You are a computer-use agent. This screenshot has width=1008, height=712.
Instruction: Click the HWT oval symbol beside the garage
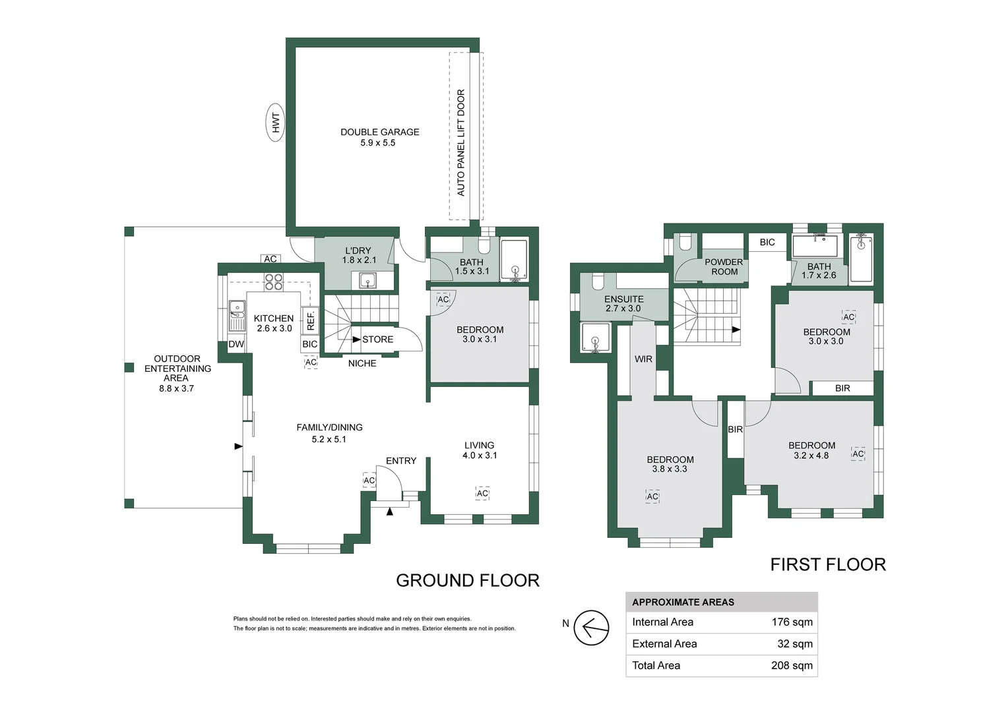click(276, 123)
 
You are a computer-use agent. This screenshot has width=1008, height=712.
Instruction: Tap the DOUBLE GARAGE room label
click(380, 133)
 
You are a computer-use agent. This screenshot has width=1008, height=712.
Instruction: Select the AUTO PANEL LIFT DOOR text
click(461, 142)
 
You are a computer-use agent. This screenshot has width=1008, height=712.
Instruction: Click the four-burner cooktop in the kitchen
click(274, 282)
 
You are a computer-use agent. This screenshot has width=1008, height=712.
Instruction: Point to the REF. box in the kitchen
click(310, 320)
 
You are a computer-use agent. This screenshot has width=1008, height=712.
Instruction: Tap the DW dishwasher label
click(236, 345)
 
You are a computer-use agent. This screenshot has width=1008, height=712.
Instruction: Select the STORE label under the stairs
click(377, 340)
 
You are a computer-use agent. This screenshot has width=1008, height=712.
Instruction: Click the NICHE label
click(362, 363)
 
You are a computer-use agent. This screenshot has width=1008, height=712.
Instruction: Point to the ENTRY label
click(401, 461)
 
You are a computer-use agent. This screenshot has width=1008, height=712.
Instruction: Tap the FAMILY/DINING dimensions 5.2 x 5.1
click(329, 440)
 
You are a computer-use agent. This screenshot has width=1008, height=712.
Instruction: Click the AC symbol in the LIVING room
click(482, 493)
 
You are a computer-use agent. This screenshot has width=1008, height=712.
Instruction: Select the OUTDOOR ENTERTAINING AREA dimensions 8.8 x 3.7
click(176, 388)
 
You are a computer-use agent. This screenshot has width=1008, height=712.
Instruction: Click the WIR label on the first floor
click(643, 359)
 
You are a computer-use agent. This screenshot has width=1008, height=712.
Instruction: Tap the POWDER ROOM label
click(724, 267)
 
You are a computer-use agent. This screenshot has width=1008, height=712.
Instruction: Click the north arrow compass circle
click(591, 628)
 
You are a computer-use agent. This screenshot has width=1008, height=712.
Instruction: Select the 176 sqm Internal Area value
click(792, 622)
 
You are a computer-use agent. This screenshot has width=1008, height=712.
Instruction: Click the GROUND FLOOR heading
click(468, 581)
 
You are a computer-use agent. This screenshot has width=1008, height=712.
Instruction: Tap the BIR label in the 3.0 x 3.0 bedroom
click(842, 388)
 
